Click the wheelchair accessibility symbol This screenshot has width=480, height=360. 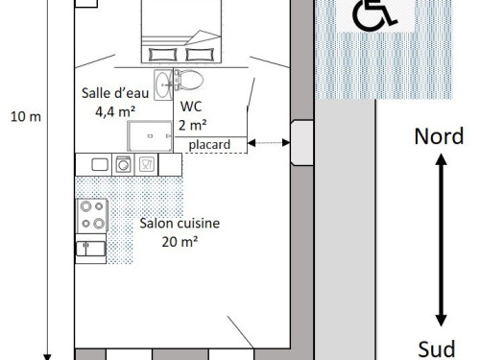(373, 15)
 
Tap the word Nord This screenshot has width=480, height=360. (439, 136)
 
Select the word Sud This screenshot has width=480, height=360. (437, 348)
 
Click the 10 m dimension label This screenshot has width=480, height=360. (26, 117)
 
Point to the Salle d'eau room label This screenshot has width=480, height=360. (115, 93)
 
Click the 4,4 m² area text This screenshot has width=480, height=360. (115, 111)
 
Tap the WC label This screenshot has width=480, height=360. (191, 107)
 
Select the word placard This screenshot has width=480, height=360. (209, 145)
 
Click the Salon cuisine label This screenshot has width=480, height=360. (180, 223)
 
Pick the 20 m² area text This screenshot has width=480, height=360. (180, 242)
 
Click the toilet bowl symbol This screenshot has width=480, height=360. (189, 80)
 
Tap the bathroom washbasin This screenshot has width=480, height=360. (163, 85)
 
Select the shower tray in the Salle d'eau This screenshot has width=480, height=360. (150, 136)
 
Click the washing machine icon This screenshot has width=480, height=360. (124, 164)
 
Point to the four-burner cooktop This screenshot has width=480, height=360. (92, 215)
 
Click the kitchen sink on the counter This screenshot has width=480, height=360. (100, 165)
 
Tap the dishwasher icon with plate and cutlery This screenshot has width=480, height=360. (147, 164)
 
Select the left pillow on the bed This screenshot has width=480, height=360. (163, 55)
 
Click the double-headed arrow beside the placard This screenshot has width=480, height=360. (269, 143)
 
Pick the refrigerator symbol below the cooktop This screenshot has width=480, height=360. (91, 249)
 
